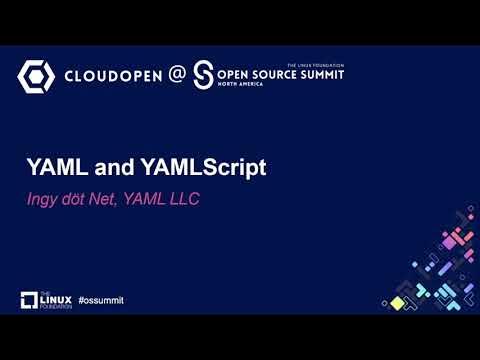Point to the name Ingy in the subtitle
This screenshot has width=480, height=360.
pyautogui.click(x=44, y=199)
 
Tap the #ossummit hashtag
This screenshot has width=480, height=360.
pyautogui.click(x=100, y=300)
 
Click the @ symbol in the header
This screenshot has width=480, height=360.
pyautogui.click(x=176, y=75)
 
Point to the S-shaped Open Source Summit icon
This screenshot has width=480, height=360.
pyautogui.click(x=204, y=75)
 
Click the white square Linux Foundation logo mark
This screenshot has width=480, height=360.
pyautogui.click(x=29, y=300)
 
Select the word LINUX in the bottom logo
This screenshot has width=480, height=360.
pyautogui.click(x=55, y=298)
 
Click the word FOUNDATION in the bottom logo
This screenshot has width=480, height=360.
pyautogui.click(x=56, y=306)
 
